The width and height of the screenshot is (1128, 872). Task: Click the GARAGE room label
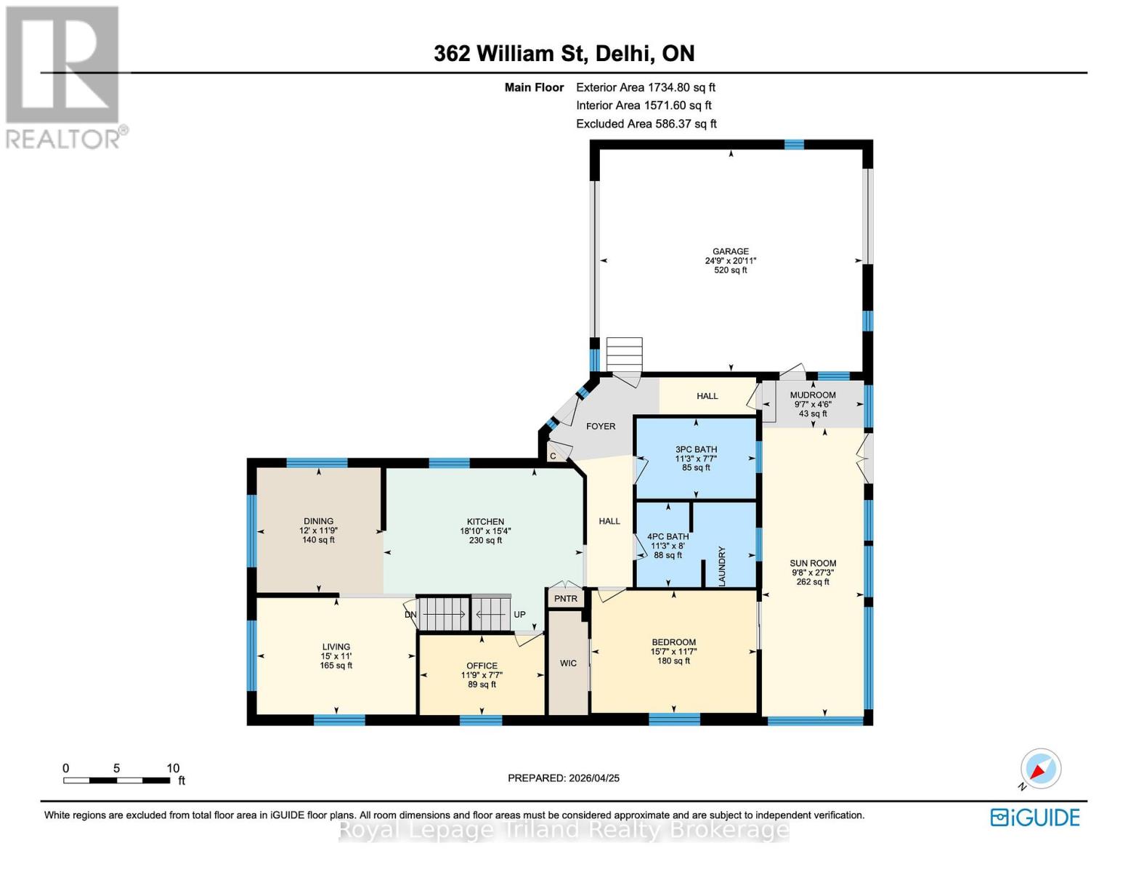[730, 251]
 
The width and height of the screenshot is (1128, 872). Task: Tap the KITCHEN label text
[485, 522]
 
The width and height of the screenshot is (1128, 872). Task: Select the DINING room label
[318, 521]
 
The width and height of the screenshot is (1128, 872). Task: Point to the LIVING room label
[336, 647]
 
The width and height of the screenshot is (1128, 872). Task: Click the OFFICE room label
[482, 666]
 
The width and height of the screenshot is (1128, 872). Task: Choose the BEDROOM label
[673, 642]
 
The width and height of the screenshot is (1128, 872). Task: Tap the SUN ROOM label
[813, 563]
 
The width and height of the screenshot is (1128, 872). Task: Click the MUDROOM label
[813, 395]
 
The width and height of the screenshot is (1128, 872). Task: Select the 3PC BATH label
[696, 450]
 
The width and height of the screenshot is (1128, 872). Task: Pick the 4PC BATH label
[668, 537]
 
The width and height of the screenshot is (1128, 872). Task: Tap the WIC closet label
[568, 663]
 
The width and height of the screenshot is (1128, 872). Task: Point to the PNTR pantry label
[566, 599]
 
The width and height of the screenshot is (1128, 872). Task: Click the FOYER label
[601, 427]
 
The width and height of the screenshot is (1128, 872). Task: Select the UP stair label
[519, 615]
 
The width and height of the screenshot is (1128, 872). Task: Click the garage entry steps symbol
[625, 354]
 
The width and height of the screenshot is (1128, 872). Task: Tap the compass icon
[1040, 769]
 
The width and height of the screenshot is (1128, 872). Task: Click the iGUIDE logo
[1035, 817]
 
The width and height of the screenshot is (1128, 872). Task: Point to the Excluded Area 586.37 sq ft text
[646, 124]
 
